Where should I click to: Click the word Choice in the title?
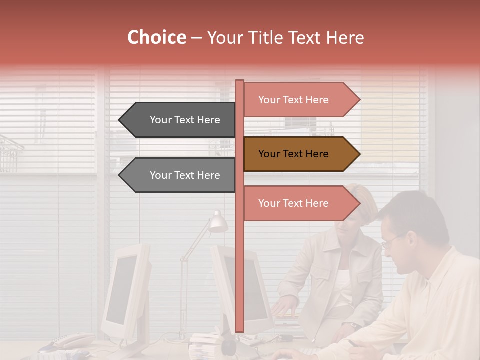coord(156,38)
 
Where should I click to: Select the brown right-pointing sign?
coord(295,154)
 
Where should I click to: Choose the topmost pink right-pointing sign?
coord(295,100)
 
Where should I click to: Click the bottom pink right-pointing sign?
coord(295,203)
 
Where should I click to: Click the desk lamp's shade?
coord(218,222)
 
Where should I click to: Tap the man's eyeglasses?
coord(392,241)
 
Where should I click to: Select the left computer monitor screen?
coord(121,290)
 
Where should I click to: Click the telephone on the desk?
coord(70,341)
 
